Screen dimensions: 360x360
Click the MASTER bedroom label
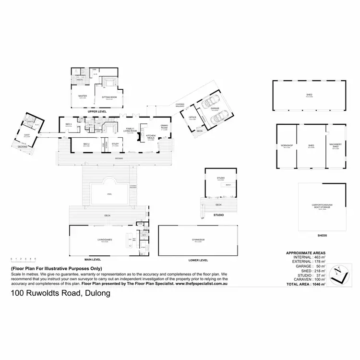[x=83, y=96]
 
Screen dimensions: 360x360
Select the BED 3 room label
[x=68, y=125]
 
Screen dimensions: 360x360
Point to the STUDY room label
[x=115, y=144]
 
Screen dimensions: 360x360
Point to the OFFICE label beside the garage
[x=192, y=117]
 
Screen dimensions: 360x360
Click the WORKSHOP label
[x=287, y=145]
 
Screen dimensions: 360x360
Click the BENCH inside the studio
[x=228, y=185]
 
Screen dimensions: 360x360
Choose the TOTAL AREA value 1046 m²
[x=317, y=285]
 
